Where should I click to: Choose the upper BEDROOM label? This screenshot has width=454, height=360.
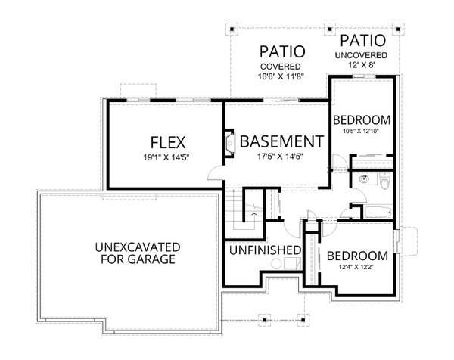362,120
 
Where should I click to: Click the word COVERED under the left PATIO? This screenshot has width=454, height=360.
282,67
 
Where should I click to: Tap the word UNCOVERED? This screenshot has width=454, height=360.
363,55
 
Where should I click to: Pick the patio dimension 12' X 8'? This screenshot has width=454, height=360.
363,65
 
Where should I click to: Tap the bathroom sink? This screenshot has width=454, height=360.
364,180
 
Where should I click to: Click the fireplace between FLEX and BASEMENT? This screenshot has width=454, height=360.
230,142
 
